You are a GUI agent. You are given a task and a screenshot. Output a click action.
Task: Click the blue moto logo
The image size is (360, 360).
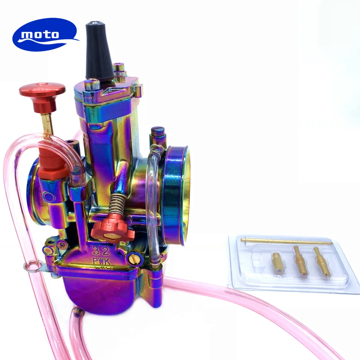[x=44, y=34]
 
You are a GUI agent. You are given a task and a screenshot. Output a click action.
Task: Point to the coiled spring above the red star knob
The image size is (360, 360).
[x=117, y=205]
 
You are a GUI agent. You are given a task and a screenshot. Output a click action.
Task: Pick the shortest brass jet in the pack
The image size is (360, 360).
[x=278, y=263]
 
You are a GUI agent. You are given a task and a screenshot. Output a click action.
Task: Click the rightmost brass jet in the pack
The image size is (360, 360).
[x=322, y=262]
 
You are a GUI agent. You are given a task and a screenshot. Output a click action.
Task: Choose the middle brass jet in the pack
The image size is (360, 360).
[x=300, y=261]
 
